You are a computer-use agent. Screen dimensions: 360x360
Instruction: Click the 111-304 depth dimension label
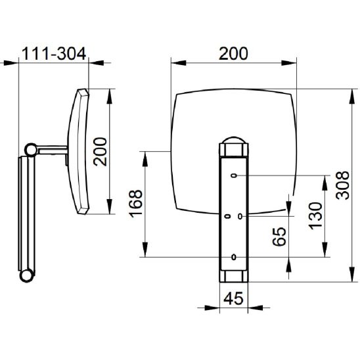(54, 54)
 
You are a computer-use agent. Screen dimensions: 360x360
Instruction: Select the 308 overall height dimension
(342, 185)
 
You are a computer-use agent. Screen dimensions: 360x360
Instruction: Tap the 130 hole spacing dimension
(315, 216)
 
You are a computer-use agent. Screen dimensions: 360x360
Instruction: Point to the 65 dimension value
(279, 236)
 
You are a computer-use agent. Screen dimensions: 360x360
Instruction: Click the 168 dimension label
(136, 204)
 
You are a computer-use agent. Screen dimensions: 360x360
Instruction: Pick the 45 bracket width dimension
(233, 298)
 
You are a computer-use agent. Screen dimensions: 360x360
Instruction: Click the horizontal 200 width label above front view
(233, 54)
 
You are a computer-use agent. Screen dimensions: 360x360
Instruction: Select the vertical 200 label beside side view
(100, 152)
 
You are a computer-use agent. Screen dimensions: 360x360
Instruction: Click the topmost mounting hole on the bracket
(234, 175)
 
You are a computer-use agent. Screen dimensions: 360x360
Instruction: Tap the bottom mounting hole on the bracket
(234, 257)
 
